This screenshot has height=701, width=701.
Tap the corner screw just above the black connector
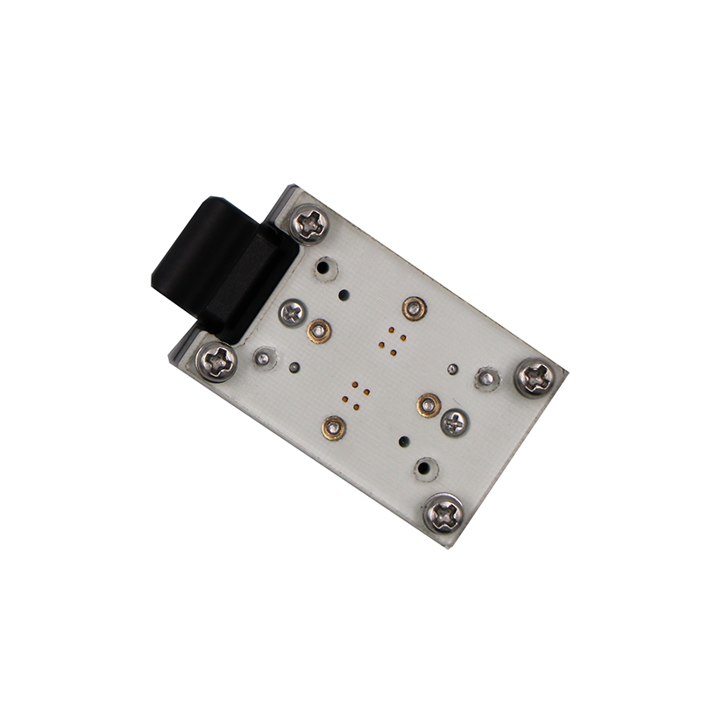point(310,223)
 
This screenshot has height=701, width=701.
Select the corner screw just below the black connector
point(216,360)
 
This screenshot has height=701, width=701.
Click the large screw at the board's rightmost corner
point(535,377)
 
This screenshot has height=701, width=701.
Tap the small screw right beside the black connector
point(293,311)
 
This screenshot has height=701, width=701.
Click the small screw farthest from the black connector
point(455,422)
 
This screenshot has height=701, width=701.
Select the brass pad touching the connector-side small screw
point(319,330)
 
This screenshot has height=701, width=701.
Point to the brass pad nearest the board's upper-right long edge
point(414,308)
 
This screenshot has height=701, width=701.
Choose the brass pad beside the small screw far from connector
point(428,404)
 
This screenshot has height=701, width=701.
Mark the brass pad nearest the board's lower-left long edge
point(334,427)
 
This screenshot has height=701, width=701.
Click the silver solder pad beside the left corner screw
point(262,357)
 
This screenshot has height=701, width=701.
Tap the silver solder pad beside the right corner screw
point(485,379)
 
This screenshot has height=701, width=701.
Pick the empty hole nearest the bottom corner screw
point(426,469)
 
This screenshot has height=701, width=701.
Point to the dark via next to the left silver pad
point(294,367)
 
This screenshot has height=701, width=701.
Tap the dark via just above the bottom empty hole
point(403,441)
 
